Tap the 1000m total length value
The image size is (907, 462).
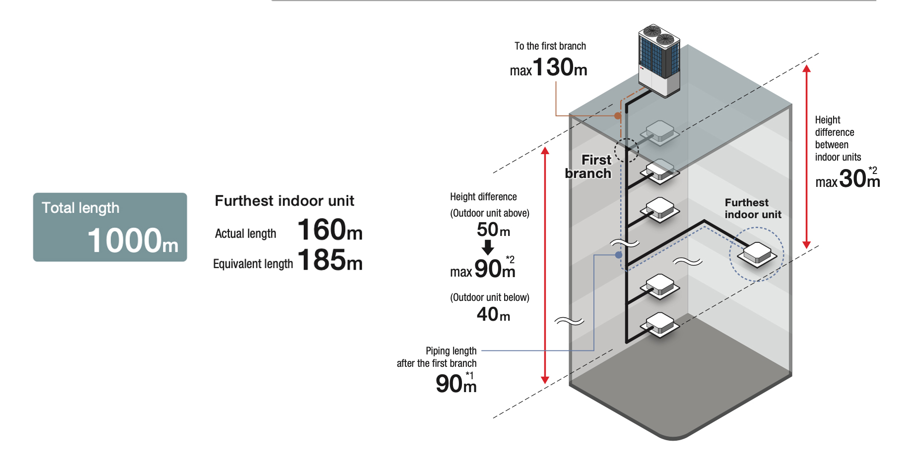click(133, 240)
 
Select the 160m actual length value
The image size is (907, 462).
click(330, 230)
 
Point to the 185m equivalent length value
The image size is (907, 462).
click(330, 260)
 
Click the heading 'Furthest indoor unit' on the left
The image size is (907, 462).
click(284, 201)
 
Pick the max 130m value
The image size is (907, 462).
click(549, 68)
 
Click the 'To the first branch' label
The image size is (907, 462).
click(550, 46)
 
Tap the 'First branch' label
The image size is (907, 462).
click(589, 167)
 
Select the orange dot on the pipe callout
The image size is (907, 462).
click(618, 116)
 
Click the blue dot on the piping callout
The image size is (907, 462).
click(619, 255)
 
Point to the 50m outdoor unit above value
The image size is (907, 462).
click(493, 230)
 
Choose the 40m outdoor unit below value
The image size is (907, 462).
click(493, 314)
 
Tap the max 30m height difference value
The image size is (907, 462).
click(848, 179)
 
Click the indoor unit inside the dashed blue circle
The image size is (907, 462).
click(757, 254)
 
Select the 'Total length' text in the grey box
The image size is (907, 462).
click(80, 208)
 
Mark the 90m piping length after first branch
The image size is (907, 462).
click(456, 384)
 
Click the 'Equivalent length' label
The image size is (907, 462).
click(253, 264)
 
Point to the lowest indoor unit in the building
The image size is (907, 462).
click(660, 325)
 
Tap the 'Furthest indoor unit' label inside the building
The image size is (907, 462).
click(753, 209)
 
